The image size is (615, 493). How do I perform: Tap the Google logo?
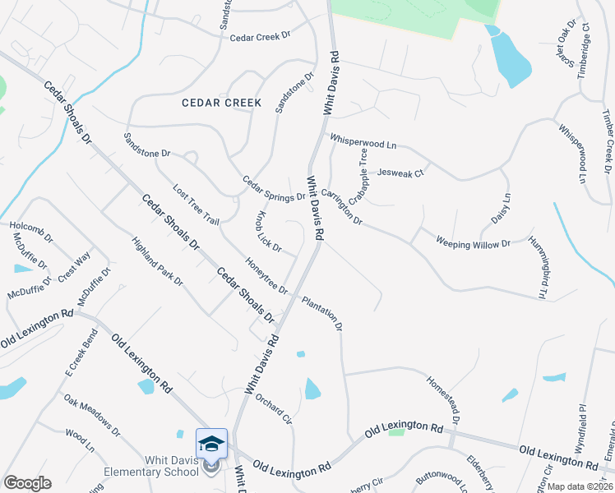pyautogui.click(x=27, y=483)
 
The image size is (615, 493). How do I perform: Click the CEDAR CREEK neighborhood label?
pyautogui.click(x=222, y=104)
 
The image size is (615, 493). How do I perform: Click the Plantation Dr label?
pyautogui.click(x=321, y=312)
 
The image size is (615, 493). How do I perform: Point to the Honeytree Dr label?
pyautogui.click(x=266, y=275)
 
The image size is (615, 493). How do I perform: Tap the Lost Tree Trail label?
pyautogui.click(x=196, y=205)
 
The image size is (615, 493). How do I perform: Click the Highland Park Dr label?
pyautogui.click(x=157, y=261)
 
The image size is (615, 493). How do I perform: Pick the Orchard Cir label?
pyautogui.click(x=274, y=408)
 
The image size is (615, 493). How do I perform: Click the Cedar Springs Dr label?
pyautogui.click(x=273, y=189)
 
